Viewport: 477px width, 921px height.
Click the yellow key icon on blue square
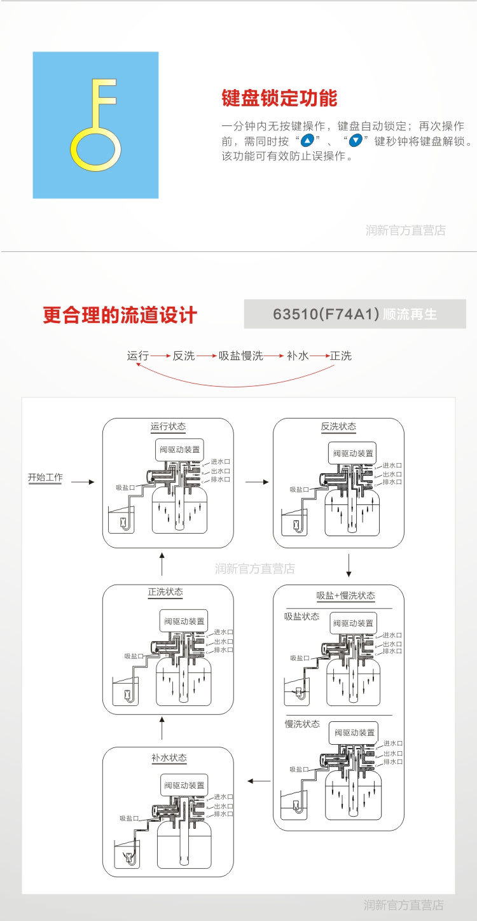point(95,125)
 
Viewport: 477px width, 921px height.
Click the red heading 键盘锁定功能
point(279,99)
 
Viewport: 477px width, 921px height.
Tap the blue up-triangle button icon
point(308,141)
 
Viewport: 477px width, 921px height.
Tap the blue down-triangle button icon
point(356,141)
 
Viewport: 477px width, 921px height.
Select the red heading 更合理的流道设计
point(120,315)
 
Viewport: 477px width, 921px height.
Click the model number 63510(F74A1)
point(326,314)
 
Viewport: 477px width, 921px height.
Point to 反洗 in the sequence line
point(184,356)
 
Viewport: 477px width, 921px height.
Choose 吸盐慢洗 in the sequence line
point(240,356)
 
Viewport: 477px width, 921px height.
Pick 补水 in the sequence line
point(298,356)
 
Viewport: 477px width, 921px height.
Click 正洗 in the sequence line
point(341,356)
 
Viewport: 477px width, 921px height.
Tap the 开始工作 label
point(45,478)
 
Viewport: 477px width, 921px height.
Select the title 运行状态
point(169,427)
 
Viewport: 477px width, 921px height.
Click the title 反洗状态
point(338,427)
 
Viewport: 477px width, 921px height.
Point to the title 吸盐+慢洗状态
point(345,596)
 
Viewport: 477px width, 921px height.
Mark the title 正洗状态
point(165,592)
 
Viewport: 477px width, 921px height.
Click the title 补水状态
point(169,758)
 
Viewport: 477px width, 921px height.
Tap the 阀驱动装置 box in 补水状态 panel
point(184,786)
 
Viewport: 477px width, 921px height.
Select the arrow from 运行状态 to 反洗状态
point(257,482)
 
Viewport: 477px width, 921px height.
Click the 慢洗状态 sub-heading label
point(302,724)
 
